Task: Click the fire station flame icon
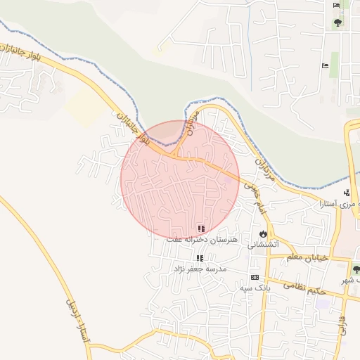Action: coord(263,233)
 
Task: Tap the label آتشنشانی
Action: coord(264,245)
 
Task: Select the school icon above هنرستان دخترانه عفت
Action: coord(202,229)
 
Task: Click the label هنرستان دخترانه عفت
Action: coord(202,240)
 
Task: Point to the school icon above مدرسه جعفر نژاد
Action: coord(200,258)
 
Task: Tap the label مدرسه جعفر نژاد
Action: coord(200,269)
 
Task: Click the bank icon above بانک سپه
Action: coord(254,277)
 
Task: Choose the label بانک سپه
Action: coord(255,288)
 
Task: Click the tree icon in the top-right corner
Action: coord(338,22)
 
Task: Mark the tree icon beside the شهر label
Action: coord(354,269)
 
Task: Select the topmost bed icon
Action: coord(336,6)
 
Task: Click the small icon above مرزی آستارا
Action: coord(346,193)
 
